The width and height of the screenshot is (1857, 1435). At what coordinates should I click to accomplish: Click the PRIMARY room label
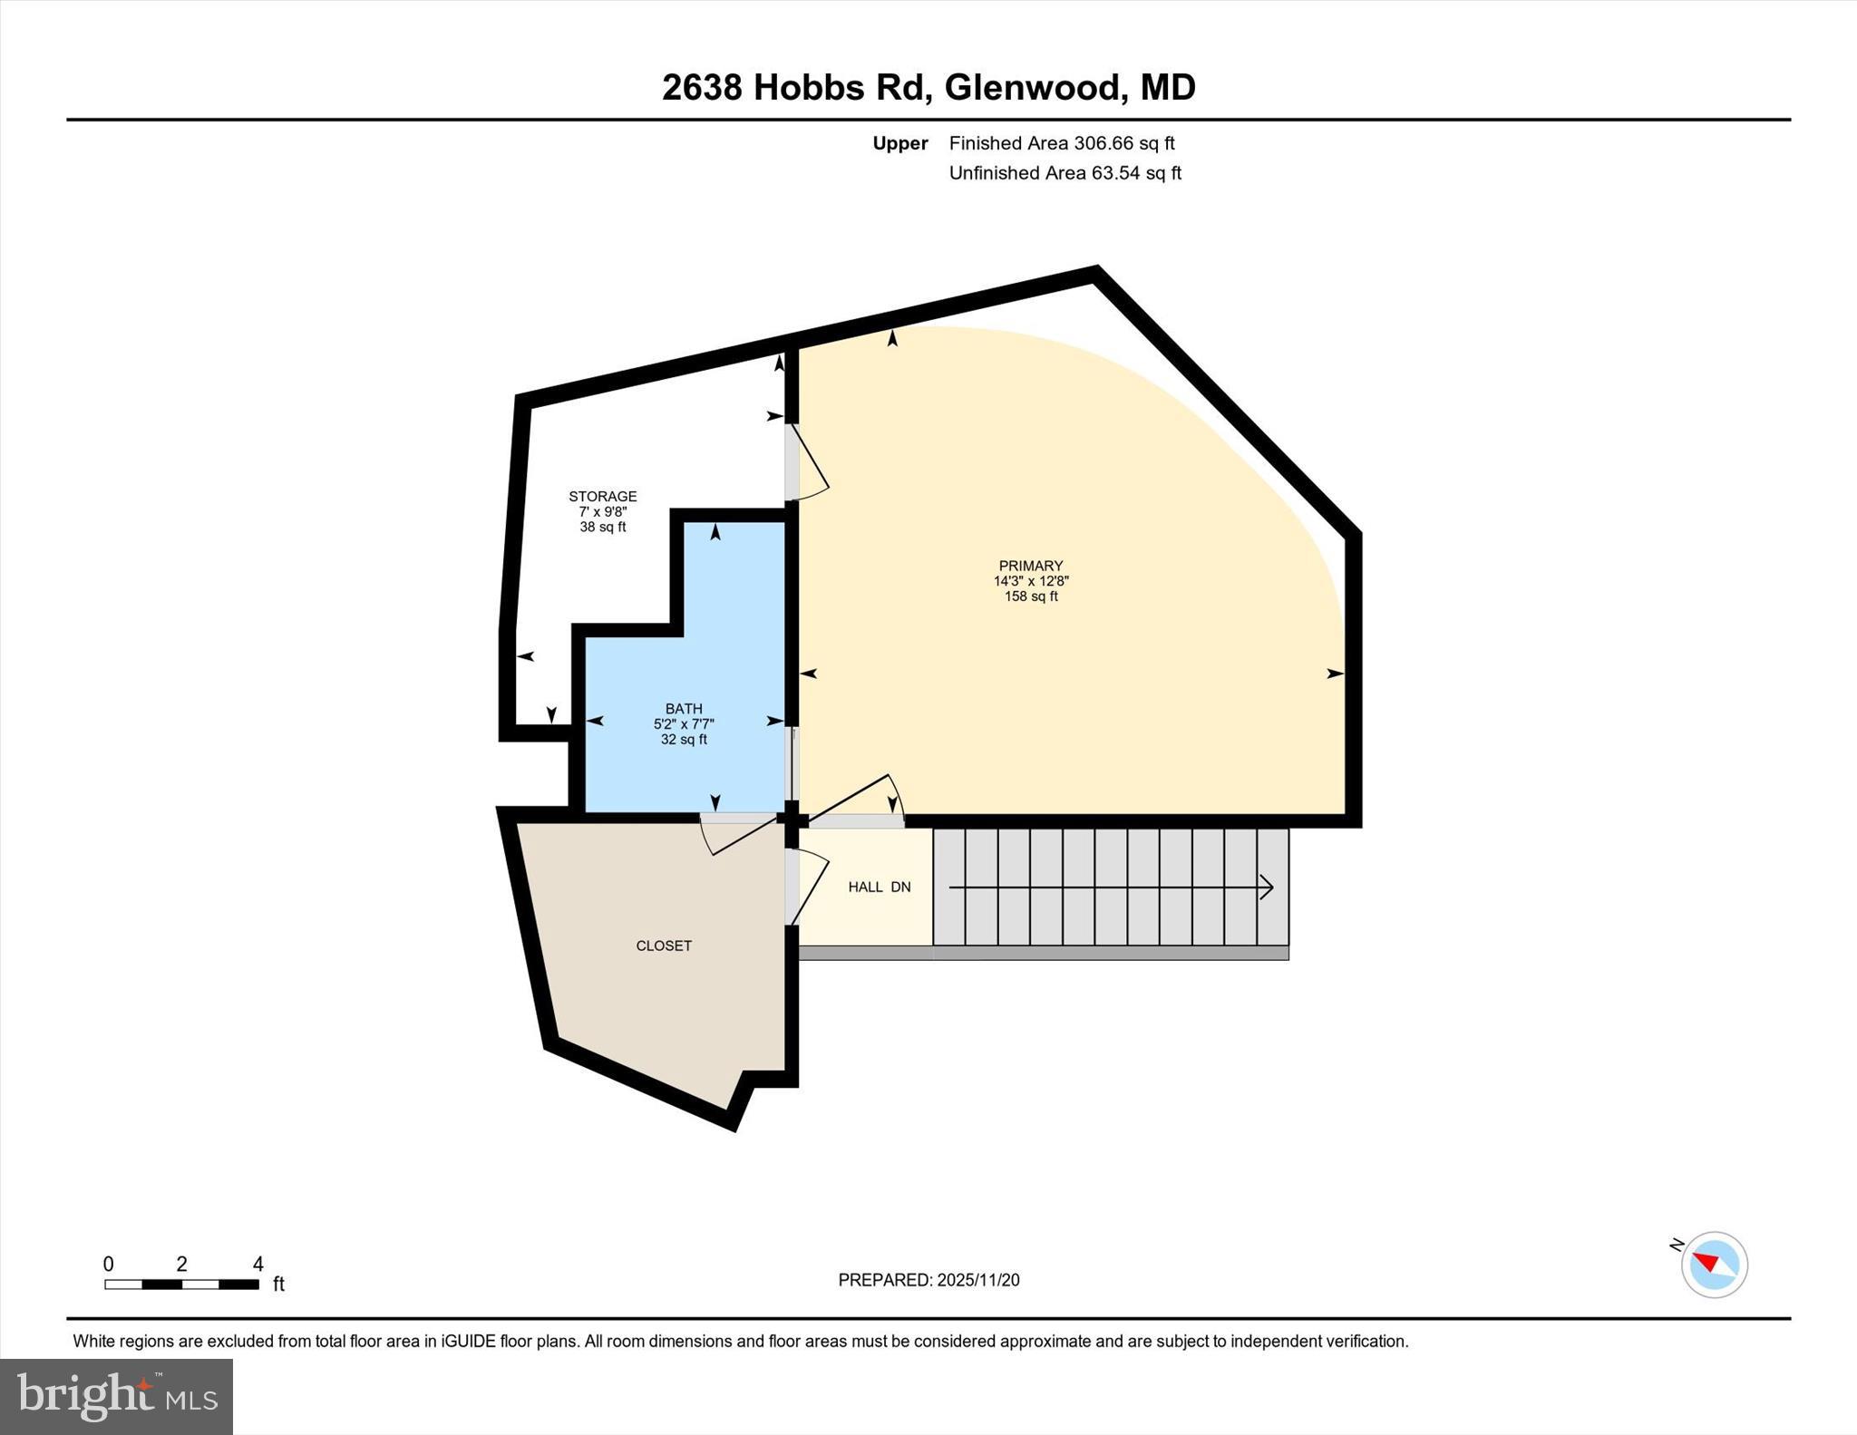1030,566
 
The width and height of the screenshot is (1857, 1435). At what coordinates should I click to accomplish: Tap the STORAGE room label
602,496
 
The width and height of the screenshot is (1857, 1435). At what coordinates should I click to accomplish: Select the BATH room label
684,709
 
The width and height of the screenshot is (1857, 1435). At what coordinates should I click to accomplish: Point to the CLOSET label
664,945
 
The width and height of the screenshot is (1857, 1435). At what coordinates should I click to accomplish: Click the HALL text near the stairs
865,887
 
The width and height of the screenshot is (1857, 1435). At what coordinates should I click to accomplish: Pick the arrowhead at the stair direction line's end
1267,887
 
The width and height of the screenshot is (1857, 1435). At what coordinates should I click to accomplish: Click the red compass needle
1706,1262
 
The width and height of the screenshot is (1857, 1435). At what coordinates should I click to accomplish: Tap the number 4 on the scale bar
258,1264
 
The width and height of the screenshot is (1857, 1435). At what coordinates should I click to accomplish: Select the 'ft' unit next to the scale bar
278,1284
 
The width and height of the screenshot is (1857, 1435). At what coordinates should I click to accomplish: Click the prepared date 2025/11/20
978,1280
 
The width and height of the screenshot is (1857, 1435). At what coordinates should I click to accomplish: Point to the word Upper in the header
899,143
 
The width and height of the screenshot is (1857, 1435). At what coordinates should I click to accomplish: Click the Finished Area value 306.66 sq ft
1123,143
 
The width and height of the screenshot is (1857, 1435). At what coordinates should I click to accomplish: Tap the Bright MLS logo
116,1396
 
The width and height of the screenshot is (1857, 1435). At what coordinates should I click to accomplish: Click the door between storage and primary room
805,462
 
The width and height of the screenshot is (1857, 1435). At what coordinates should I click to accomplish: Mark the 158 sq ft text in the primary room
1030,596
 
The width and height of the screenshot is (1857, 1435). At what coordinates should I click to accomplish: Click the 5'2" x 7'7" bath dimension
684,724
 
